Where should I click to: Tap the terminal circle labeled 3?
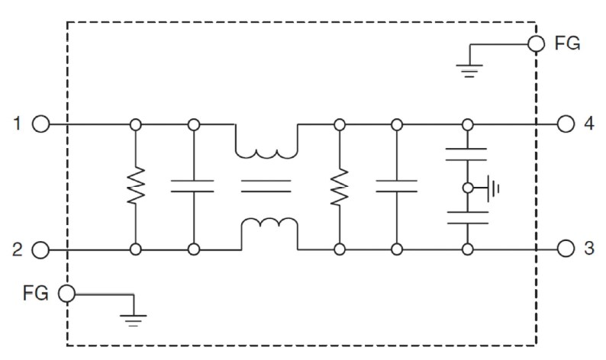(x=566, y=249)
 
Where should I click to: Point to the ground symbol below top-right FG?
(x=469, y=70)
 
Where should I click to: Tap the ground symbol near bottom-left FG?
(x=134, y=319)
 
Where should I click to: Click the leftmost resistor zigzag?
(x=135, y=186)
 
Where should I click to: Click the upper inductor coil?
(x=266, y=151)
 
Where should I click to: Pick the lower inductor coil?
(x=266, y=223)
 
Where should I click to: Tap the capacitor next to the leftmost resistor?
(x=193, y=186)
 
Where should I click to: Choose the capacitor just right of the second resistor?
(x=397, y=186)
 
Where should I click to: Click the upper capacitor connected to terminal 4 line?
(x=466, y=155)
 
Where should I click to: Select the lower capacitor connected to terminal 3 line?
(x=466, y=217)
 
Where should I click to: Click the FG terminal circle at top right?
(x=537, y=43)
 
